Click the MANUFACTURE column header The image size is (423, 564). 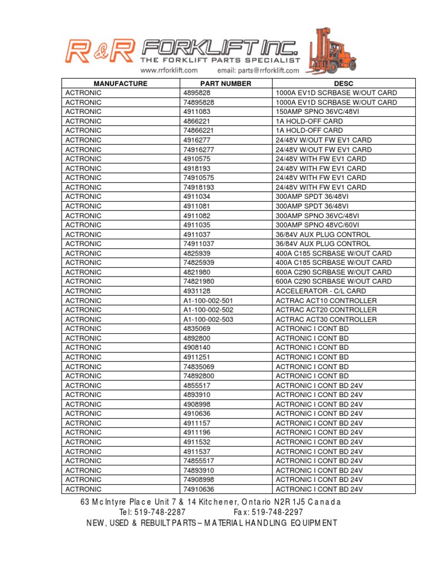click(121, 84)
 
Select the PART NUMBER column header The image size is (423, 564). click(226, 84)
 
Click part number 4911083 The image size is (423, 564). click(197, 112)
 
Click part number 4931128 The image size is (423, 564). click(197, 291)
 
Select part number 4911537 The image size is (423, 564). click(197, 451)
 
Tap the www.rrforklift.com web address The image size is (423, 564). click(169, 70)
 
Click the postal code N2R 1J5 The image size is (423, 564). click(289, 502)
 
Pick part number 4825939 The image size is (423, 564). click(197, 253)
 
